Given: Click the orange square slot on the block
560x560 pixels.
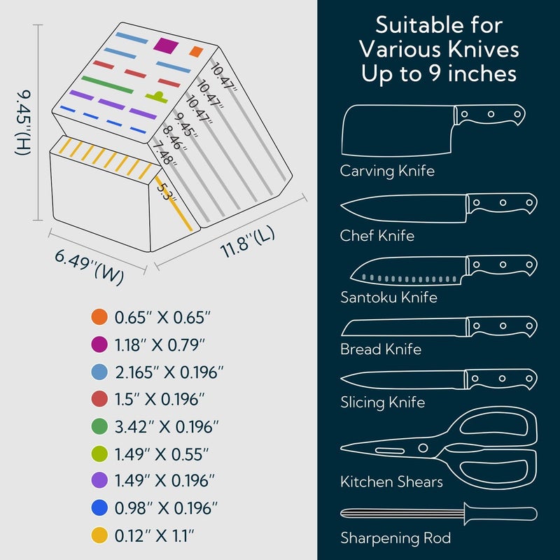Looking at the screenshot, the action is pyautogui.click(x=196, y=51).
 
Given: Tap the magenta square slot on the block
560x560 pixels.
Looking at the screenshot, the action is pyautogui.click(x=166, y=45).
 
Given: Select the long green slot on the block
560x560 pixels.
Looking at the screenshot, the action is pyautogui.click(x=107, y=85).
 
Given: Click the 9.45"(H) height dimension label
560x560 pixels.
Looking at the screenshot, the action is pyautogui.click(x=23, y=122).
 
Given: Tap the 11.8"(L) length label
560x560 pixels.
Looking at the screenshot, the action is pyautogui.click(x=248, y=241).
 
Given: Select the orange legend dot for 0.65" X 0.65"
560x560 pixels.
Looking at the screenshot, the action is pyautogui.click(x=99, y=317).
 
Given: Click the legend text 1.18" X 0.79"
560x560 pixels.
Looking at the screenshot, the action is pyautogui.click(x=160, y=345).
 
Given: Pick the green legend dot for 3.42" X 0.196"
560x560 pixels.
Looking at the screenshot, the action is pyautogui.click(x=99, y=426).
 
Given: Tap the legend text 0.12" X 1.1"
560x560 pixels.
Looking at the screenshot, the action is pyautogui.click(x=154, y=535).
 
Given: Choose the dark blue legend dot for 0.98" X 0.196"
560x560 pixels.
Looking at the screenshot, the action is pyautogui.click(x=99, y=508).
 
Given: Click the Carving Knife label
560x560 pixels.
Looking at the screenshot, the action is pyautogui.click(x=387, y=171).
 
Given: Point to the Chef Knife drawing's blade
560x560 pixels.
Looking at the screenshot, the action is pyautogui.click(x=404, y=209).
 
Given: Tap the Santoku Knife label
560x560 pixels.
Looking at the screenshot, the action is pyautogui.click(x=388, y=297).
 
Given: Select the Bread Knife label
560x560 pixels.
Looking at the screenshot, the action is pyautogui.click(x=381, y=349).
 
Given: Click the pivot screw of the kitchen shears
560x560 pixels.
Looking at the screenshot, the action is pyautogui.click(x=423, y=448).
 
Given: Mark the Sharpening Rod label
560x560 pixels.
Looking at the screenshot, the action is pyautogui.click(x=395, y=538).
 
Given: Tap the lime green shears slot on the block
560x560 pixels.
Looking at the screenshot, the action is pyautogui.click(x=157, y=97).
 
